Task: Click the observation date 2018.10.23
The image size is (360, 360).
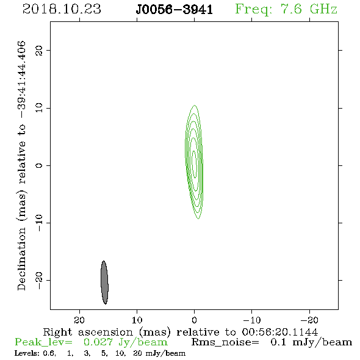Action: [x=62, y=9]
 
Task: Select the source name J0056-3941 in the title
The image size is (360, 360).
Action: [x=175, y=10]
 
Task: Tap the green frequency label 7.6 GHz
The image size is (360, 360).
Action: [x=309, y=9]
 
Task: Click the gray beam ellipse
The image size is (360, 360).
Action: [x=104, y=283]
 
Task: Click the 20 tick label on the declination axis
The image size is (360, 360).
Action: [x=39, y=51]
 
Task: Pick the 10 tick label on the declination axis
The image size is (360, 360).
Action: [x=39, y=108]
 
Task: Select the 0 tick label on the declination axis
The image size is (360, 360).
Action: [x=39, y=165]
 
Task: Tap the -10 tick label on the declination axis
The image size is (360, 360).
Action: [x=39, y=223]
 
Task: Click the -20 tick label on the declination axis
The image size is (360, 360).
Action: [x=39, y=280]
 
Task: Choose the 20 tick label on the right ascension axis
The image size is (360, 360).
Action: [x=79, y=320]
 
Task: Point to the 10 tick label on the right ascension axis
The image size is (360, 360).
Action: [x=137, y=320]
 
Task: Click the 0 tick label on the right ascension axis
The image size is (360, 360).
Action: [x=194, y=320]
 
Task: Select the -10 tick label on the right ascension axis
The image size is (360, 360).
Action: [x=252, y=320]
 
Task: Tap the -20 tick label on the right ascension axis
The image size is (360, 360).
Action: [x=309, y=320]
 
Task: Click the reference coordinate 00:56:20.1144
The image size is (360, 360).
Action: [x=280, y=332]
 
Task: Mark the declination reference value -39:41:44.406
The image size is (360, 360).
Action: [x=22, y=80]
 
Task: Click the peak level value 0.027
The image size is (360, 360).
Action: [x=98, y=342]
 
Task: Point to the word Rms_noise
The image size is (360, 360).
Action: [x=225, y=342]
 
